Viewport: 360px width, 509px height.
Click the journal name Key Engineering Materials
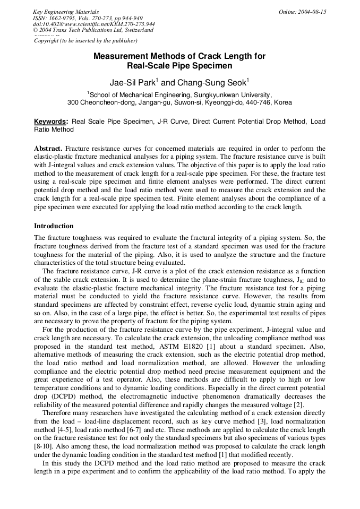[x=65, y=12]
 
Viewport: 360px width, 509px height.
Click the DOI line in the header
[x=93, y=24]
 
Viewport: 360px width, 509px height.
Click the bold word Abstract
[x=48, y=149]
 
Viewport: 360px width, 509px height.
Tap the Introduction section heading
[x=54, y=226]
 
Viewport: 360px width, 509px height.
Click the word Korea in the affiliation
[x=282, y=102]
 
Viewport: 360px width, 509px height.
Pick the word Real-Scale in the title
[x=149, y=66]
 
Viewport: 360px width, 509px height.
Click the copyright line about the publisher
[x=85, y=40]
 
